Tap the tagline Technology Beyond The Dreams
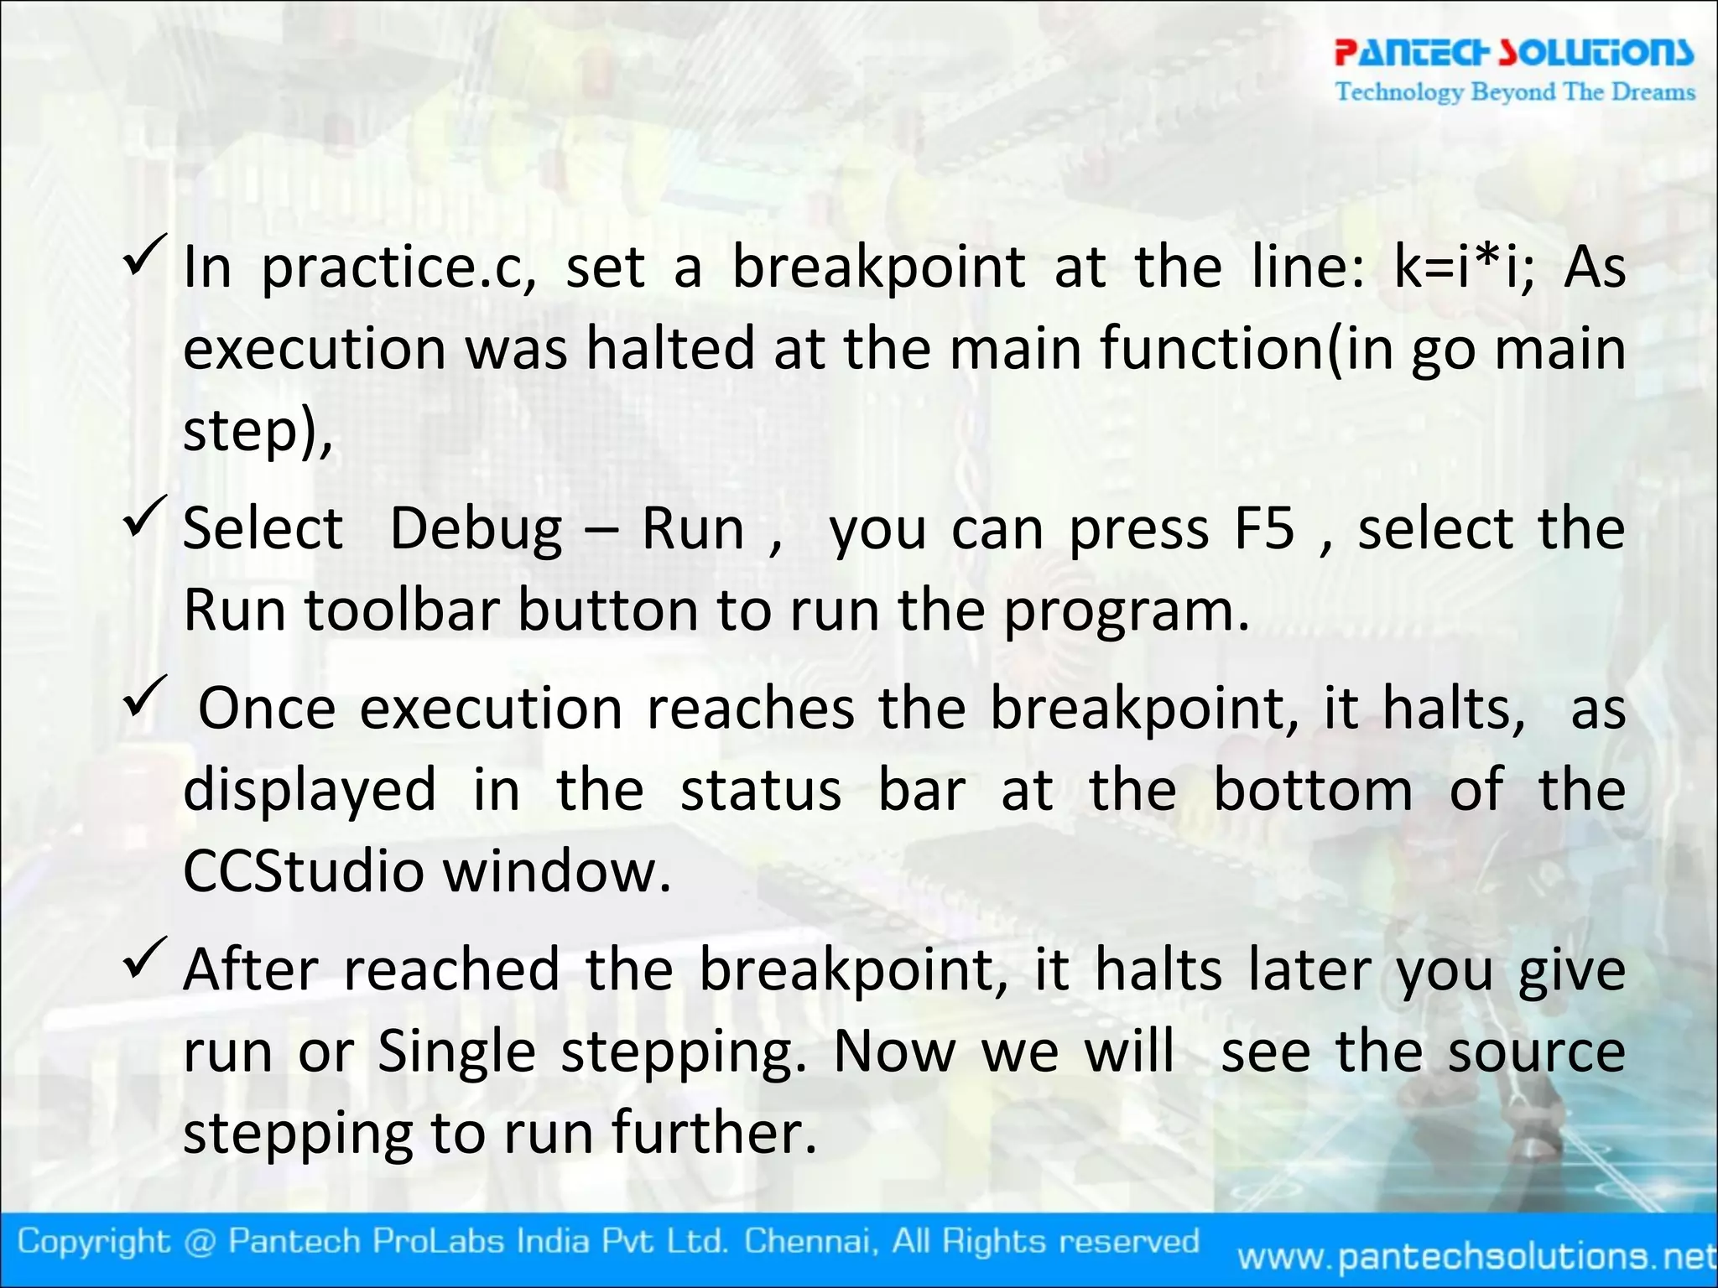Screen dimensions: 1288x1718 tap(1515, 91)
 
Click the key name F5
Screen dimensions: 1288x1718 tap(1264, 529)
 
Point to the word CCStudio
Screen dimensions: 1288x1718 tap(303, 871)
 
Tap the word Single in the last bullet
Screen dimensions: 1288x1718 tap(456, 1052)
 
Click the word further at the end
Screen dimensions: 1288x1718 tap(713, 1132)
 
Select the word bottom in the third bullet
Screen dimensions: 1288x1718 tap(1313, 790)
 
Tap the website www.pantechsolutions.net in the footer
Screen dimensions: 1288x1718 tap(1476, 1256)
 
